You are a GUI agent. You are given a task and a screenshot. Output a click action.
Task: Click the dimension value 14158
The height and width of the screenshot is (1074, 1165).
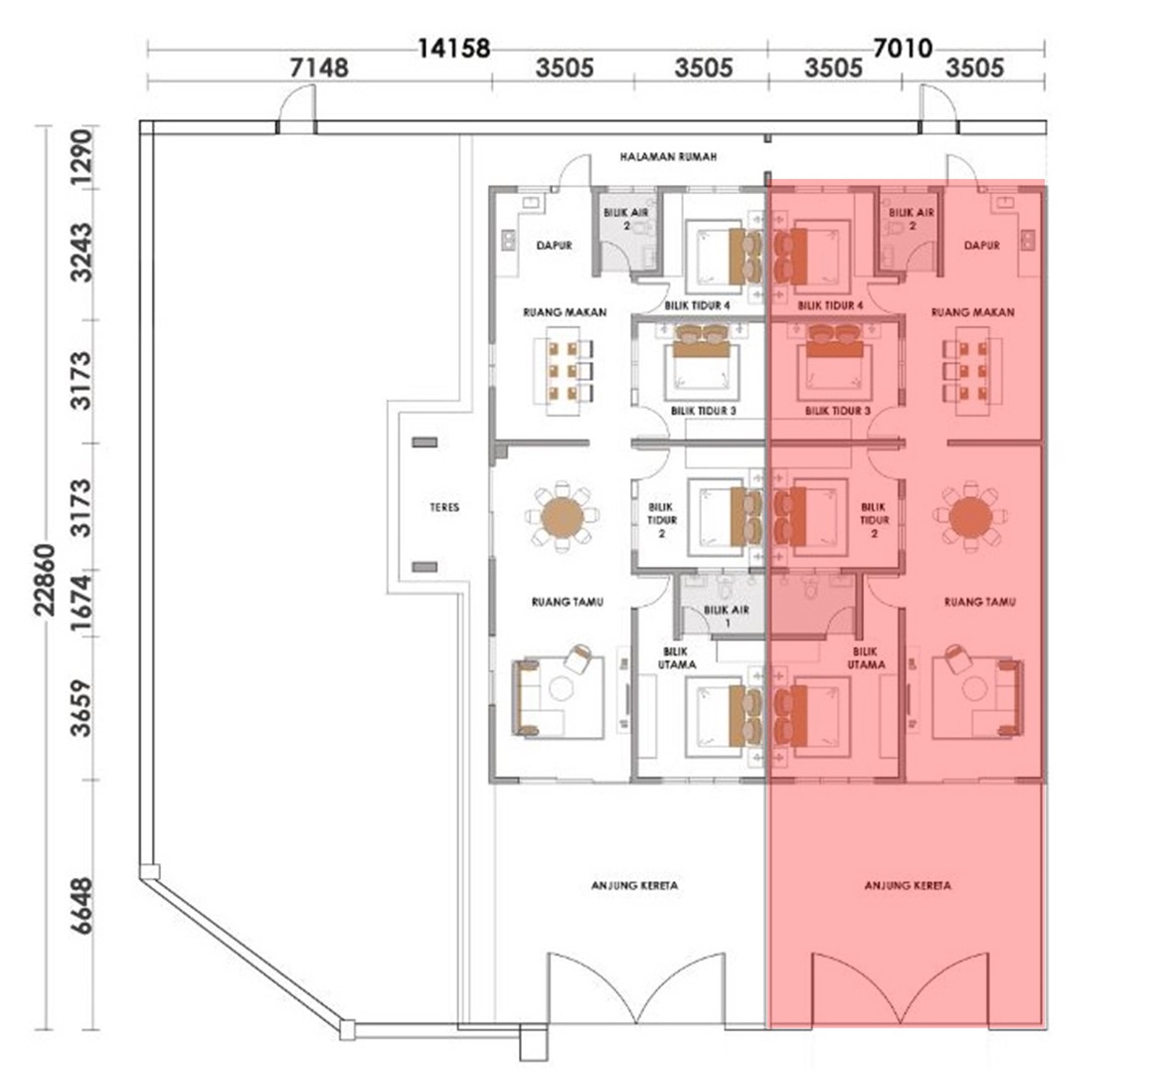pyautogui.click(x=454, y=49)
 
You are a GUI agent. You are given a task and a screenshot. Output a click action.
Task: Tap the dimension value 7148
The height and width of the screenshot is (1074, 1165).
pyautogui.click(x=319, y=68)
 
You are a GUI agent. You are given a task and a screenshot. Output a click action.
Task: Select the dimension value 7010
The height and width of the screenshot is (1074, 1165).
pyautogui.click(x=903, y=49)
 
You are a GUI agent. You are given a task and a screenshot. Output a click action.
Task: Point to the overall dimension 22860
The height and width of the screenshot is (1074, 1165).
pyautogui.click(x=45, y=580)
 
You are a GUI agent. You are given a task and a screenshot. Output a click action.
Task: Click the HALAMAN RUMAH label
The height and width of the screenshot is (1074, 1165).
pyautogui.click(x=669, y=157)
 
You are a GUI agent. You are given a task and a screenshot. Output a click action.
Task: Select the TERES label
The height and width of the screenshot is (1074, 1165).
pyautogui.click(x=444, y=507)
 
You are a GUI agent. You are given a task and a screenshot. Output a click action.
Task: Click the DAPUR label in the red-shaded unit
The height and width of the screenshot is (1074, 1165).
pyautogui.click(x=981, y=246)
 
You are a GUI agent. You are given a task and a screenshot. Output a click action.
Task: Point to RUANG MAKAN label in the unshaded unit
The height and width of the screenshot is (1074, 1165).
pyautogui.click(x=565, y=312)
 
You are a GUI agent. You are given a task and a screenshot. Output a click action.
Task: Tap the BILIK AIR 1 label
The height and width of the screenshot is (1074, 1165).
pyautogui.click(x=727, y=617)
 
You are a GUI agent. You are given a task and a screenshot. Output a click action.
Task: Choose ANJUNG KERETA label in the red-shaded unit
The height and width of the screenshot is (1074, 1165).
pyautogui.click(x=908, y=885)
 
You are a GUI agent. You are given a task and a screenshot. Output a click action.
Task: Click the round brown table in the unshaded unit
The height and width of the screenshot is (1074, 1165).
pyautogui.click(x=563, y=517)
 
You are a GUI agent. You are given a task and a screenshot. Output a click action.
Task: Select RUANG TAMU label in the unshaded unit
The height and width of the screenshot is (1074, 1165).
pyautogui.click(x=568, y=602)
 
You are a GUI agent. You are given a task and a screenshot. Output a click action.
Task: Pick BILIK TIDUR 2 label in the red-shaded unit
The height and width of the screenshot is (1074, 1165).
pyautogui.click(x=875, y=520)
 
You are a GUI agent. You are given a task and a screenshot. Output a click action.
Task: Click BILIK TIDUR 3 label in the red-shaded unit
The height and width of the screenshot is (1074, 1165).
pyautogui.click(x=838, y=411)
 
